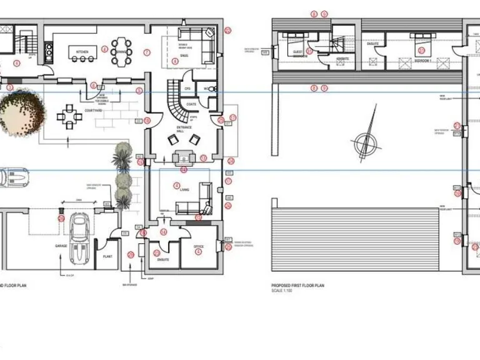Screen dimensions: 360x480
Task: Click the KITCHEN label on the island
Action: (82, 51)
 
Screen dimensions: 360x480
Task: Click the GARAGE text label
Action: (61, 246)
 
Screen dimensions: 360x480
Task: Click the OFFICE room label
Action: (198, 247)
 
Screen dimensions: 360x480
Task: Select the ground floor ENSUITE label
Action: (164, 259)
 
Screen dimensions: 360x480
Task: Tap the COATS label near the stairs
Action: (191, 104)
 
